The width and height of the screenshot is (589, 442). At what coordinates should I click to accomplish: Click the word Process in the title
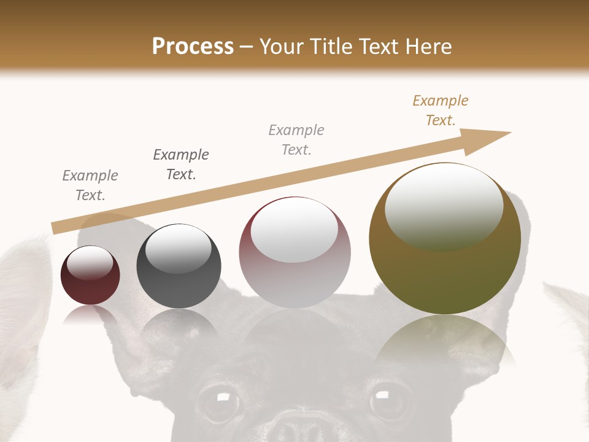[x=193, y=47]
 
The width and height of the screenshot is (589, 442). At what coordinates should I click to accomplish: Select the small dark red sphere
[x=90, y=276]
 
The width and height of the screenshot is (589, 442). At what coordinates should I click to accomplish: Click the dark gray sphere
[x=179, y=266]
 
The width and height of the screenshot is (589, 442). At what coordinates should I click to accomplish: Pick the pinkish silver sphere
[x=294, y=253]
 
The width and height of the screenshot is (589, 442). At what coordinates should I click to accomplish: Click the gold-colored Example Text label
[x=441, y=110]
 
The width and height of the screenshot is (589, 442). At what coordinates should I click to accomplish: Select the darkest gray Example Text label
[x=181, y=164]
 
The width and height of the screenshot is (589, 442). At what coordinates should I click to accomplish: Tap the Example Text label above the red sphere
[x=90, y=185]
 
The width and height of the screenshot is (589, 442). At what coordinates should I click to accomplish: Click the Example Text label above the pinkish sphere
[x=296, y=139]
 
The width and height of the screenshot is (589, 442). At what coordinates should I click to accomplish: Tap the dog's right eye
[x=388, y=400]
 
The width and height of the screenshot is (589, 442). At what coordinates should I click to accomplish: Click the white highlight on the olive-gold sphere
[x=444, y=206]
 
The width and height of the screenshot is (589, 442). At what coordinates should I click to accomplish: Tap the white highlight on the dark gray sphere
[x=179, y=249]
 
